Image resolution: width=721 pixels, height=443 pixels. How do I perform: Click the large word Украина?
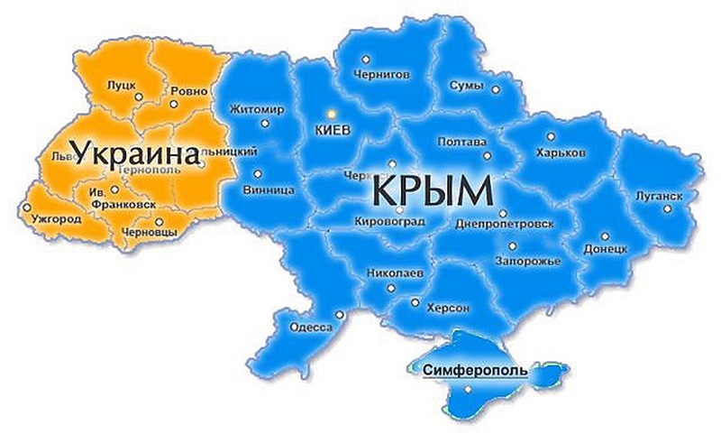tap(136, 154)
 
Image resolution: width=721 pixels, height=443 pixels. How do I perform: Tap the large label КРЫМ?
tap(432, 192)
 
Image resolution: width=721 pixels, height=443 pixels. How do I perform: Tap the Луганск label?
tap(657, 195)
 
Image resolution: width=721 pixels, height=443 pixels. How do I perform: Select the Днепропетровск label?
tap(505, 222)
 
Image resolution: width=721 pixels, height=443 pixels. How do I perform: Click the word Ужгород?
tap(55, 219)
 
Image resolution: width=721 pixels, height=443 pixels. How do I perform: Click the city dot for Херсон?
tap(415, 303)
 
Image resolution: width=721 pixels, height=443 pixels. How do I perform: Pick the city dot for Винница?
tap(258, 173)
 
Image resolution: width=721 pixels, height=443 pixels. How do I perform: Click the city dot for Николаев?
tap(391, 288)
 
